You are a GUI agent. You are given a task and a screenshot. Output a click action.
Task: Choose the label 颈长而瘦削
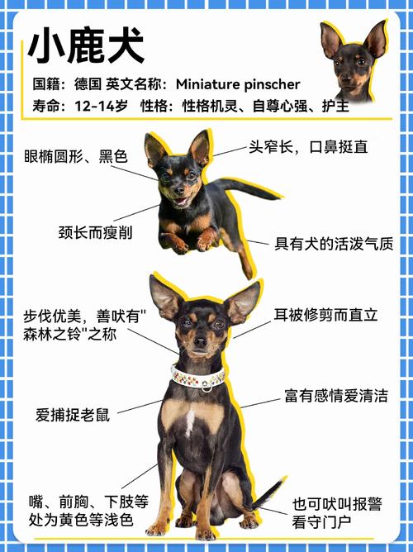pos(95,232)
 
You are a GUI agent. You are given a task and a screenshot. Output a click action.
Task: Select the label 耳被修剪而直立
pos(325,315)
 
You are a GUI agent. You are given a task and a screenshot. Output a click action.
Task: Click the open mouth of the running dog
pos(179,201)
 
